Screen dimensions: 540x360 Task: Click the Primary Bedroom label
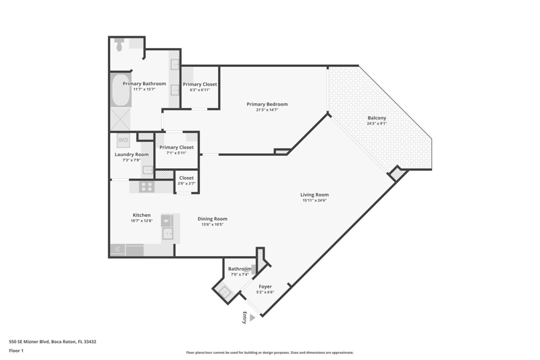click(x=267, y=104)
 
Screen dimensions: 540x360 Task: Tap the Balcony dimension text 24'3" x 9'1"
click(x=377, y=124)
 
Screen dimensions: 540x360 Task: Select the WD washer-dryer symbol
click(x=123, y=140)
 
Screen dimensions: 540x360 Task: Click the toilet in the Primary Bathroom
click(x=119, y=45)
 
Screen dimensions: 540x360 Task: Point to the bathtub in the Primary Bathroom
click(x=121, y=90)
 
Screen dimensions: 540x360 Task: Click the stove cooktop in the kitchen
click(x=146, y=186)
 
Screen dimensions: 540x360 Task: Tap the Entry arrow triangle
click(x=252, y=317)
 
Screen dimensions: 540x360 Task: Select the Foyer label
click(x=265, y=286)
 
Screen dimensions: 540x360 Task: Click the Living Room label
click(x=315, y=195)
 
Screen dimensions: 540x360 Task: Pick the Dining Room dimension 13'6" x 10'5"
click(x=213, y=224)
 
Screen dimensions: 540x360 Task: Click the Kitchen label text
click(x=142, y=215)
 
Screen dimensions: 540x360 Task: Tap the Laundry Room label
click(x=132, y=155)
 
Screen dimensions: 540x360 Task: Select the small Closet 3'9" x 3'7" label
click(x=186, y=180)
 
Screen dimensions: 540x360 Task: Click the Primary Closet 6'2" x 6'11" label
click(x=200, y=86)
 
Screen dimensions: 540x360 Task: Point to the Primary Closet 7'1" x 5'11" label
click(x=176, y=149)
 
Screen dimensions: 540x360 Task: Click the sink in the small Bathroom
click(x=225, y=292)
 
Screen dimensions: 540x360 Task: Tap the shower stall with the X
click(x=120, y=120)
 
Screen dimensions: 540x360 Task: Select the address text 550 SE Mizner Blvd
click(x=29, y=342)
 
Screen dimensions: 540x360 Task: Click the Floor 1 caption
click(x=16, y=351)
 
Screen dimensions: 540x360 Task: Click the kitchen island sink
click(x=167, y=234)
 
